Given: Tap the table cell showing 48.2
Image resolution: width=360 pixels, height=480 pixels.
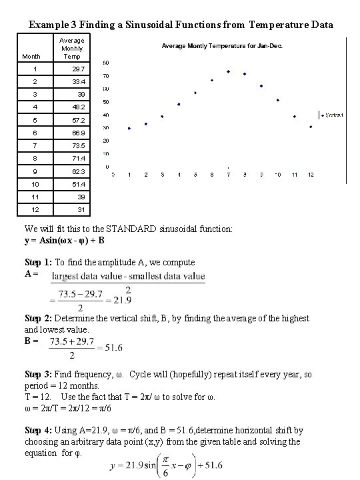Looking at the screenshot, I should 78,107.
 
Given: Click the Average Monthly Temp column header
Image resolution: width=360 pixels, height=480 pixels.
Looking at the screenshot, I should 72,49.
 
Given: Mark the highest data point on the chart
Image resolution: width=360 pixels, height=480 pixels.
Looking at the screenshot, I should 228,71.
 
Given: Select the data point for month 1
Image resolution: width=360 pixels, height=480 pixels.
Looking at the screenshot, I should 129,128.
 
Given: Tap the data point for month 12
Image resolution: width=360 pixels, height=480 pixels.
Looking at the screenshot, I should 311,127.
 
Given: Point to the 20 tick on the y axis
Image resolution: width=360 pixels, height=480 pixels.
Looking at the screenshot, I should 107,141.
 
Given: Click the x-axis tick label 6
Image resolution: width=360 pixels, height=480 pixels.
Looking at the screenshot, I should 212,175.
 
